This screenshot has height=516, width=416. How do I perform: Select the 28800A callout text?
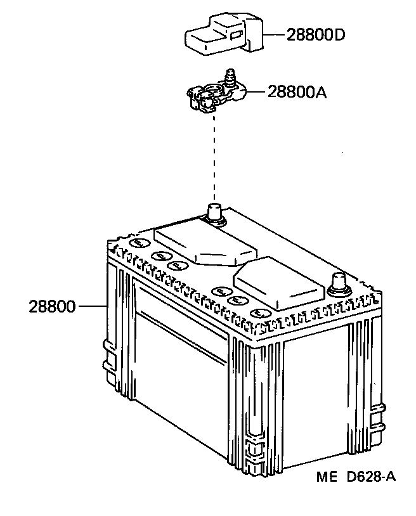coord(297,93)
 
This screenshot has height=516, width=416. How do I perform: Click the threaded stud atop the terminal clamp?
coord(230,77)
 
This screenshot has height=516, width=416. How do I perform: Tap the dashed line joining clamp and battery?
coord(214,158)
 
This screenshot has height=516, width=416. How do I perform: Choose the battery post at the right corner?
coord(339,283)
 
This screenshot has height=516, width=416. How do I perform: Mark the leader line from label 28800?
coord(93,307)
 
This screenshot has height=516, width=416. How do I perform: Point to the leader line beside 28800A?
coord(257,93)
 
